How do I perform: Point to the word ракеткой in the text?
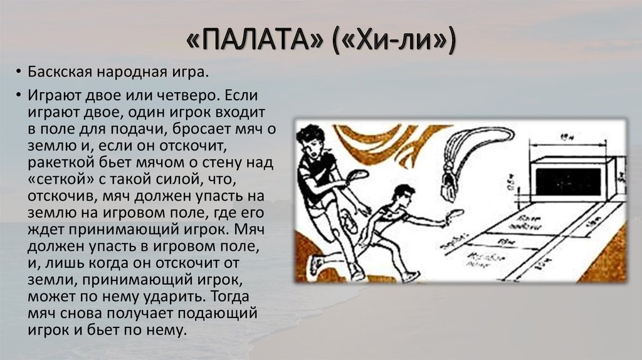[55, 163]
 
